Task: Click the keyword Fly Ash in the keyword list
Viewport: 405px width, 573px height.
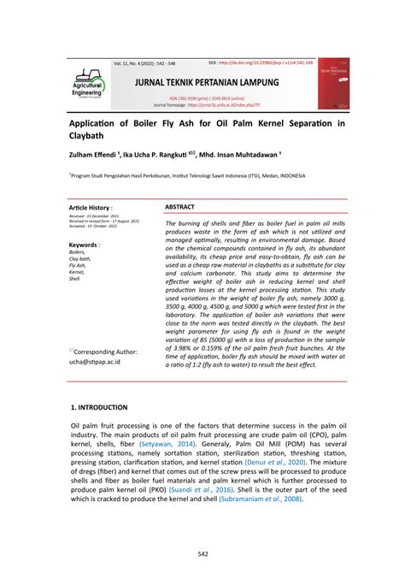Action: click(x=78, y=265)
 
